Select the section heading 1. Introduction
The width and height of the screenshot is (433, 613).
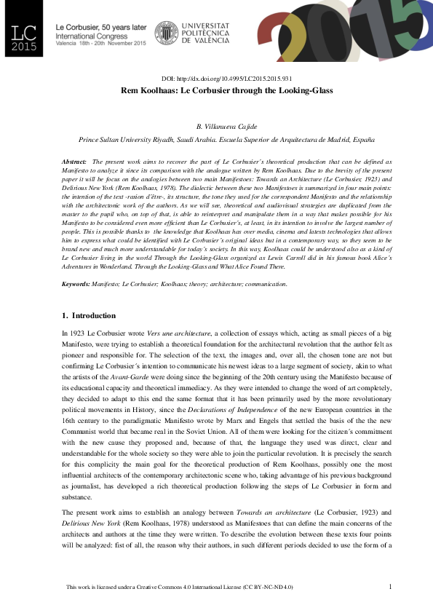pos(89,315)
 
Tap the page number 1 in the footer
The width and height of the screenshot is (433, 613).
pos(390,586)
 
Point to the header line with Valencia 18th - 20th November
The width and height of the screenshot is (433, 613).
pos(101,42)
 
